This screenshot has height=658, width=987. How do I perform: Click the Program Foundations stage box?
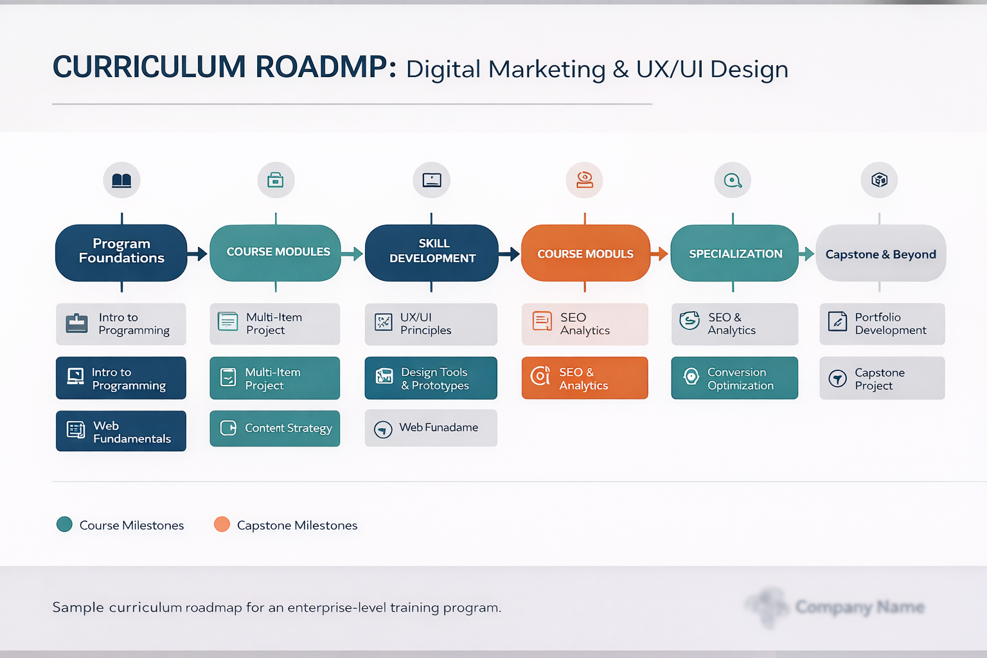(121, 253)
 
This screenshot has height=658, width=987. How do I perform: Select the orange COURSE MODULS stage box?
(585, 253)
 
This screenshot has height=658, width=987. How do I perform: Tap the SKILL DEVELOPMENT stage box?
(432, 253)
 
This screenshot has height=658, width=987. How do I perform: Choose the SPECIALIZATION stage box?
(734, 253)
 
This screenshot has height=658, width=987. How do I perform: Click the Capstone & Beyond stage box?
(880, 253)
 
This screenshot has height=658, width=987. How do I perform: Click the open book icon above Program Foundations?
(121, 180)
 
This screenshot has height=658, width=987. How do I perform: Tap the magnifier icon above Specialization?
(733, 180)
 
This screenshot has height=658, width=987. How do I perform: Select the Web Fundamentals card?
(121, 431)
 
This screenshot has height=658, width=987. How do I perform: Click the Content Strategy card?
(274, 428)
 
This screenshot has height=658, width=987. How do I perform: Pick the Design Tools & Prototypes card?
(431, 378)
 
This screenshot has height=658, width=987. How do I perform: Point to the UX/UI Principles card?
(431, 324)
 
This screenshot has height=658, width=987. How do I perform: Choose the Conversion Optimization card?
(734, 378)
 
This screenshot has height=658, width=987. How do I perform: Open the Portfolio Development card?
(882, 324)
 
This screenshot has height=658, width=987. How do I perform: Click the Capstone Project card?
(882, 378)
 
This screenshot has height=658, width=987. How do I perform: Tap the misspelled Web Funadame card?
(431, 428)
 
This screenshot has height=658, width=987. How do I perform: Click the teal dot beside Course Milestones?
(64, 524)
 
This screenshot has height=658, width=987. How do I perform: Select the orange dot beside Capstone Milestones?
(222, 524)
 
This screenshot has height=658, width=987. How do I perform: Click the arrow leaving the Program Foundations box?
(198, 254)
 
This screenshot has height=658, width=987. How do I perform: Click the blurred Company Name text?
(859, 607)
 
